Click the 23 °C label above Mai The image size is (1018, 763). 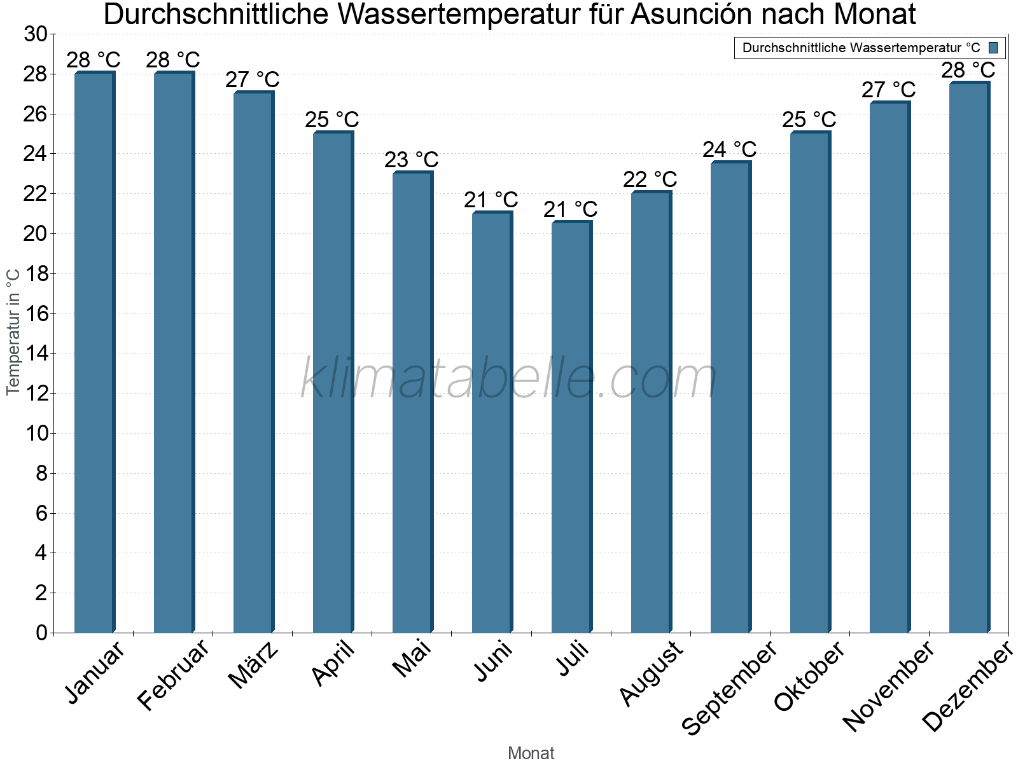click(x=412, y=160)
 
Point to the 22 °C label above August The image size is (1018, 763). click(x=650, y=179)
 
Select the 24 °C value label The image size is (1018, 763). click(x=730, y=150)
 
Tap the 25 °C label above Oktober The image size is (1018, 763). click(x=809, y=120)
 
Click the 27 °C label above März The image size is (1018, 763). click(x=253, y=80)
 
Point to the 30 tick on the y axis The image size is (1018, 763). click(x=36, y=34)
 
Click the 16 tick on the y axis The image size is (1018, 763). click(x=36, y=313)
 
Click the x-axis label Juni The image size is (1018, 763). click(x=493, y=661)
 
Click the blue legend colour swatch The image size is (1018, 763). click(x=993, y=48)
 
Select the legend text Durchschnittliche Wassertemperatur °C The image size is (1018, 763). click(x=861, y=48)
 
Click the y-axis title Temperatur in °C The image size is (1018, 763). click(x=13, y=332)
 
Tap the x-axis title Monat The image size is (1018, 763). click(x=531, y=753)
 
